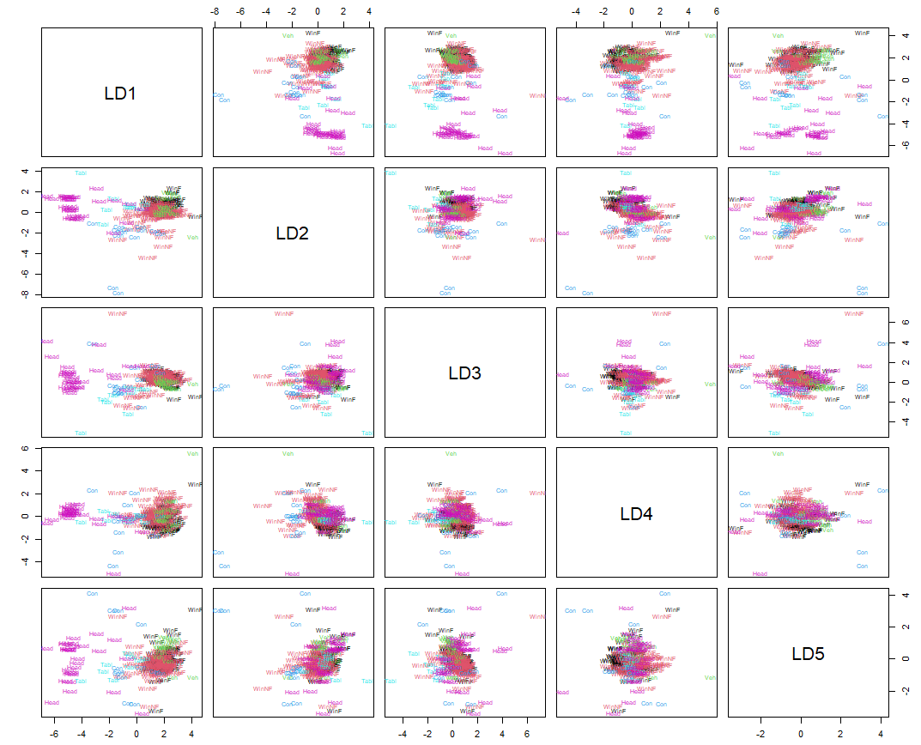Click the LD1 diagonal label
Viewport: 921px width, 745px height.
tap(121, 94)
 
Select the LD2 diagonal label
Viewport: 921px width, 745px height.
tap(293, 233)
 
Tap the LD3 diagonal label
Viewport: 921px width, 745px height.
tap(464, 373)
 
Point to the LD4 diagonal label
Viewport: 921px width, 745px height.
tap(636, 513)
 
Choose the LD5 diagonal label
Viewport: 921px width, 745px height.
tap(808, 654)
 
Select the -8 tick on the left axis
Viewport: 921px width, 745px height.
tap(27, 294)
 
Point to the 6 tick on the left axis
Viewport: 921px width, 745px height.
tap(27, 448)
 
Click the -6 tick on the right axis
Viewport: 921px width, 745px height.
tap(906, 146)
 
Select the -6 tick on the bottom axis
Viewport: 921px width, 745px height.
tap(54, 735)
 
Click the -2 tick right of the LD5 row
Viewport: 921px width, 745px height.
tap(906, 690)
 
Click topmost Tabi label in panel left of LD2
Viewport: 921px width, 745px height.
tap(82, 173)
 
